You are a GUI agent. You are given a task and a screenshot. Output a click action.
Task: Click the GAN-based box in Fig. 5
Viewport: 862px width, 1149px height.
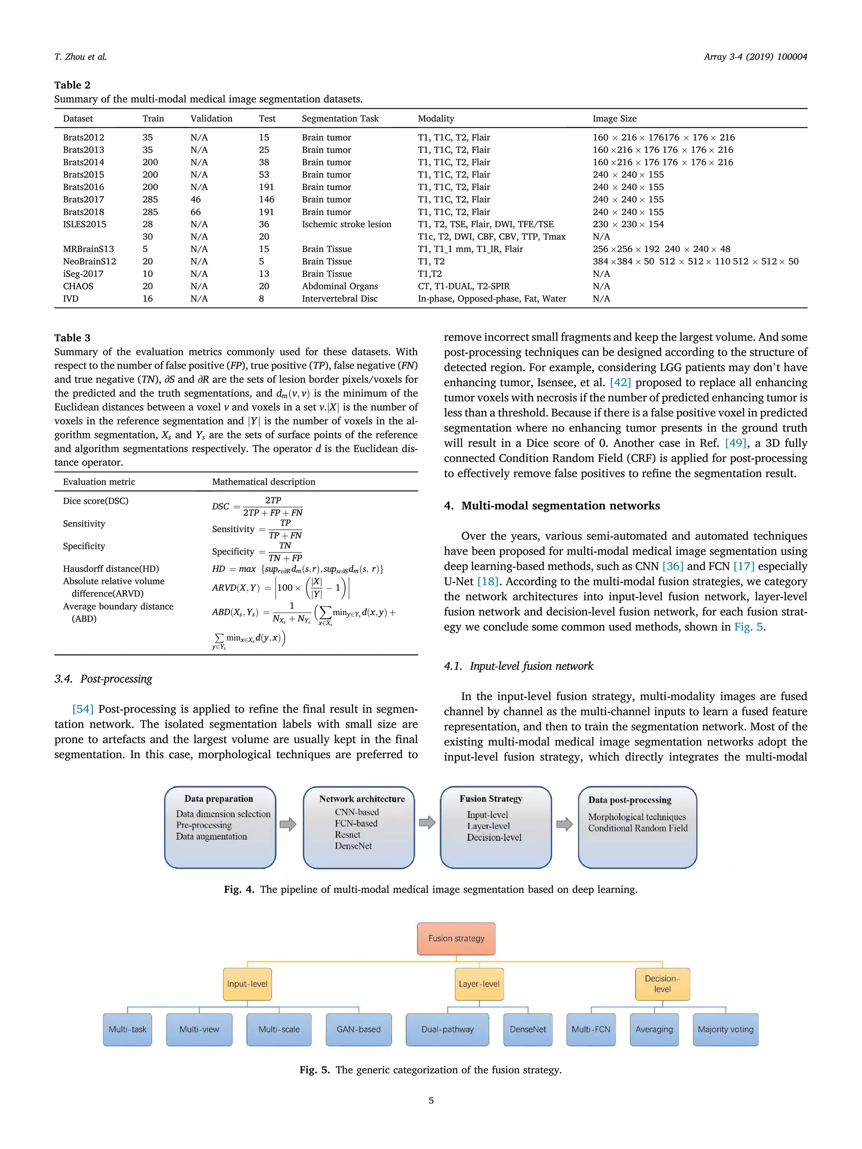click(x=359, y=1029)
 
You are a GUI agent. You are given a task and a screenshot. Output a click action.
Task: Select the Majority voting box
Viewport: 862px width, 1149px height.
click(x=725, y=1029)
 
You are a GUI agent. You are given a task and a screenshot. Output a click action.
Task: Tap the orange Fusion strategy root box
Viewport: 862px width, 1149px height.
click(x=456, y=938)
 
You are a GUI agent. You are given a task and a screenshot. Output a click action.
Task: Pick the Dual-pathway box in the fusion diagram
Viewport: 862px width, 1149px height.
click(x=447, y=1029)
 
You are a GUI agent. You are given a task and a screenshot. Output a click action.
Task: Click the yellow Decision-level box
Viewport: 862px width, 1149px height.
click(x=662, y=984)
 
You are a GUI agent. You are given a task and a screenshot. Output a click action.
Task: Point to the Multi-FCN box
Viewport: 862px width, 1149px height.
click(x=591, y=1029)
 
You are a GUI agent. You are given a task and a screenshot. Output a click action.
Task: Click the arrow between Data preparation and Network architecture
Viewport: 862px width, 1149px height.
click(x=288, y=824)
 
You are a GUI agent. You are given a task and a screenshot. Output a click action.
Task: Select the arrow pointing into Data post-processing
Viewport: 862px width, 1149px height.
click(x=564, y=824)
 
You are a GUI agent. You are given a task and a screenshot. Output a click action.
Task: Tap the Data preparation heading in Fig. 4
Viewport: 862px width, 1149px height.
click(x=219, y=799)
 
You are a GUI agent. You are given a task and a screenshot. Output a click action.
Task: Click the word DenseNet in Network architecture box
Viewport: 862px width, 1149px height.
click(x=353, y=846)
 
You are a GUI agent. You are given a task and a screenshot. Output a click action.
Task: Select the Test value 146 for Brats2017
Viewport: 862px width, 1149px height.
click(x=266, y=199)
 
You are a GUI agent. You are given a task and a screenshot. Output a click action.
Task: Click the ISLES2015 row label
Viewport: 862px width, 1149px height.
click(x=85, y=224)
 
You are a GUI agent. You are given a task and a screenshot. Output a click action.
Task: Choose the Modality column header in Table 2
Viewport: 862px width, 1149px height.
click(x=436, y=118)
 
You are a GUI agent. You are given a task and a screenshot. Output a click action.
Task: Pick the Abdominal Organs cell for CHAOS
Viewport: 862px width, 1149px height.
click(x=340, y=286)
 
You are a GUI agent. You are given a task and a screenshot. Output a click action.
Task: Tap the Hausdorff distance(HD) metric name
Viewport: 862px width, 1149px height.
click(x=111, y=569)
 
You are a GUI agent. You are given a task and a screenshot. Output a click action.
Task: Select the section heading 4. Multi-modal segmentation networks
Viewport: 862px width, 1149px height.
click(x=552, y=505)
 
